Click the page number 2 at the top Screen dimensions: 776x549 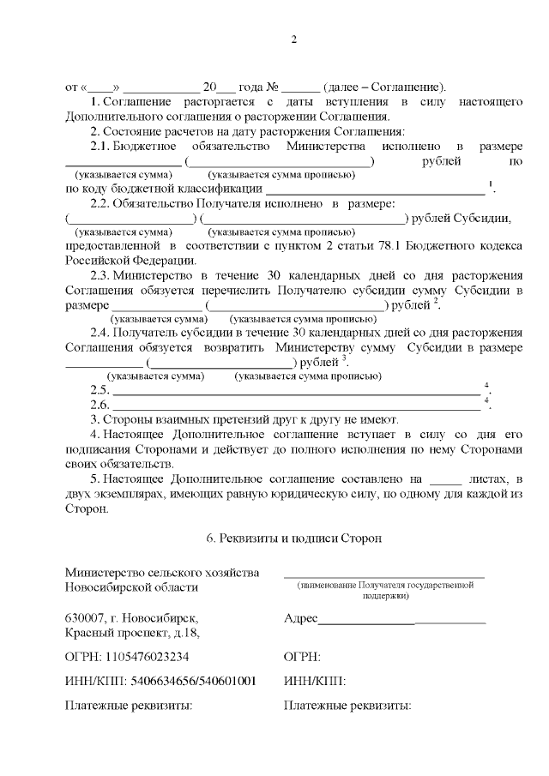tap(293, 39)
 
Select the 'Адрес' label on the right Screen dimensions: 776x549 tap(300, 618)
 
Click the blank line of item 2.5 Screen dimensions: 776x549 tap(296, 391)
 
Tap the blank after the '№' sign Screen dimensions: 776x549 tap(300, 88)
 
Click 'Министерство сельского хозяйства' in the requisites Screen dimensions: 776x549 tap(161, 572)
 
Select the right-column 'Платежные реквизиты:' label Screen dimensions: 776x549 tap(347, 707)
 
